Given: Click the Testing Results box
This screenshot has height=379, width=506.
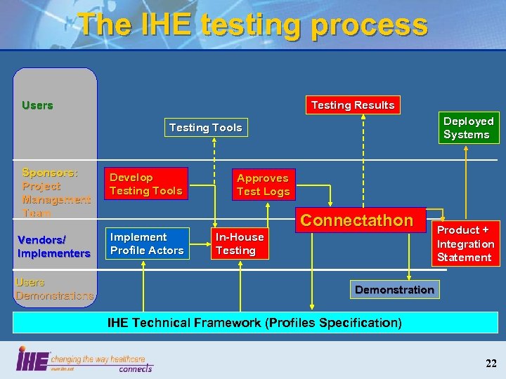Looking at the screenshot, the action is pyautogui.click(x=353, y=105).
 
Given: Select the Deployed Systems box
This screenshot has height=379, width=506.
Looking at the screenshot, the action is pyautogui.click(x=468, y=128).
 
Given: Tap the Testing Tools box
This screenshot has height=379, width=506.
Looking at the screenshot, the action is pyautogui.click(x=205, y=128).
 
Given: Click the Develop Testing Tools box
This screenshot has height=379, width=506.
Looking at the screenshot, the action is pyautogui.click(x=146, y=184).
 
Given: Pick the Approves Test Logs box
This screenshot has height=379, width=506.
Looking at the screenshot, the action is pyautogui.click(x=263, y=185).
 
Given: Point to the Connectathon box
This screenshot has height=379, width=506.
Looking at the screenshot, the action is pyautogui.click(x=356, y=220).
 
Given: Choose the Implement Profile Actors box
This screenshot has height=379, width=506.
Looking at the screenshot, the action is pyautogui.click(x=147, y=244).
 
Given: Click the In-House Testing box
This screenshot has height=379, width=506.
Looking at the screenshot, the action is pyautogui.click(x=240, y=244).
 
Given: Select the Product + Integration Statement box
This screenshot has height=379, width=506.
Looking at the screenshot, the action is pyautogui.click(x=465, y=244).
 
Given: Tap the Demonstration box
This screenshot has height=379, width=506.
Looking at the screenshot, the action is pyautogui.click(x=394, y=289).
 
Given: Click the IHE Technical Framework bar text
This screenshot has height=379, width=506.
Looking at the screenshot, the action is pyautogui.click(x=254, y=323).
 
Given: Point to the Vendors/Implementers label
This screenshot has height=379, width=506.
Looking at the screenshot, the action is pyautogui.click(x=53, y=246).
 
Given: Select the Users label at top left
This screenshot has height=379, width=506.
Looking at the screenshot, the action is pyautogui.click(x=37, y=105).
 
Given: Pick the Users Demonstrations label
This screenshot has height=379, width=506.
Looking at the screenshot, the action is pyautogui.click(x=54, y=288).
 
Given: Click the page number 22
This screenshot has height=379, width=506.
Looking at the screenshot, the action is pyautogui.click(x=491, y=363).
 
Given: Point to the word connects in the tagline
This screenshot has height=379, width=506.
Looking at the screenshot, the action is pyautogui.click(x=135, y=368).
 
